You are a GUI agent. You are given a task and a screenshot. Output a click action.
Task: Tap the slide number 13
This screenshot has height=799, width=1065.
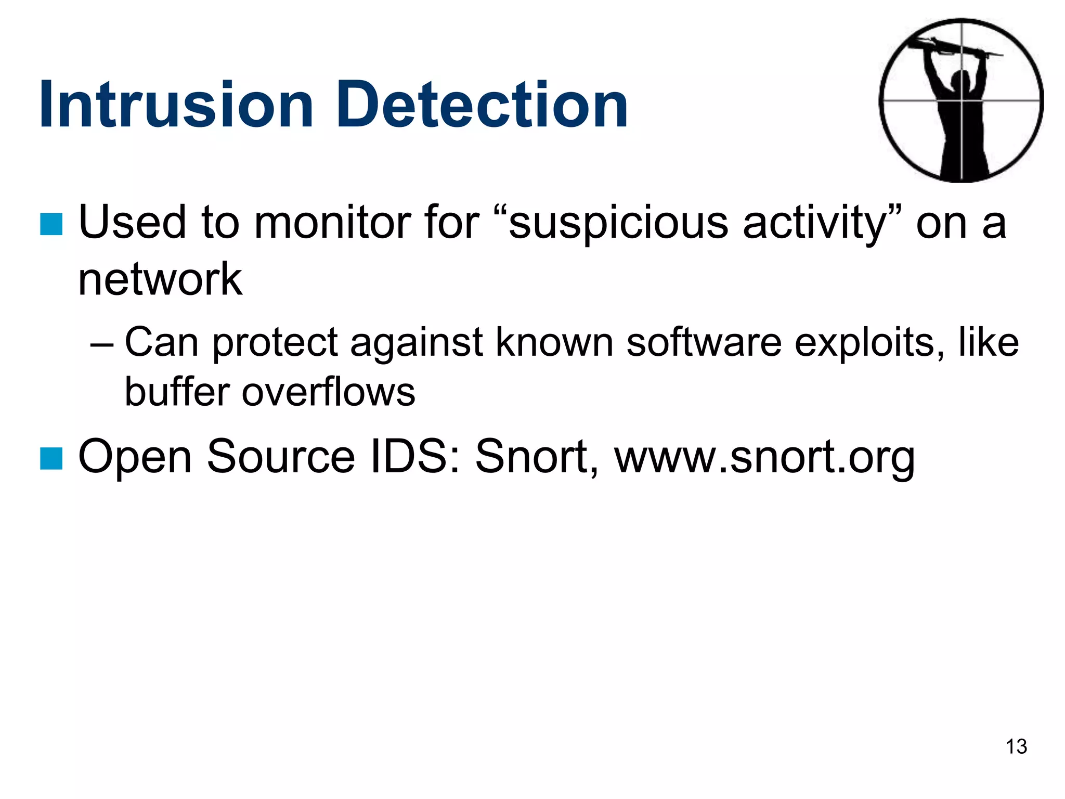click(1016, 747)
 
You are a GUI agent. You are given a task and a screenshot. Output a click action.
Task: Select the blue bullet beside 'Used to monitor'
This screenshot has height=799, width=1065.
click(51, 224)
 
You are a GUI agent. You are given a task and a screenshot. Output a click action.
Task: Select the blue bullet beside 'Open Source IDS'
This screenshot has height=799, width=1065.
click(51, 458)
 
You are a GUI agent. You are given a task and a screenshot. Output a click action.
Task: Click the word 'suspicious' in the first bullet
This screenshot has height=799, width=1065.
click(618, 224)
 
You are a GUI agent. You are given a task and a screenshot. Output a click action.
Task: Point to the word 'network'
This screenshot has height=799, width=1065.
click(160, 279)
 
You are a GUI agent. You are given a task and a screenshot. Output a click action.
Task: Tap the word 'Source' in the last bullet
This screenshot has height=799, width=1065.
click(281, 457)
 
